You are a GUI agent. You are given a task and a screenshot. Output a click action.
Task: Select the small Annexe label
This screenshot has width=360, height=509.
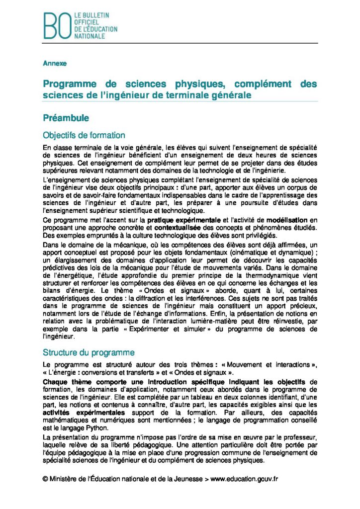coord(55,64)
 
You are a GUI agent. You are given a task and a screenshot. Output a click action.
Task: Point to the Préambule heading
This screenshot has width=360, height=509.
coord(66,118)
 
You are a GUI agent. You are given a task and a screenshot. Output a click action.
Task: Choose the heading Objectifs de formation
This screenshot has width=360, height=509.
coord(84,135)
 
